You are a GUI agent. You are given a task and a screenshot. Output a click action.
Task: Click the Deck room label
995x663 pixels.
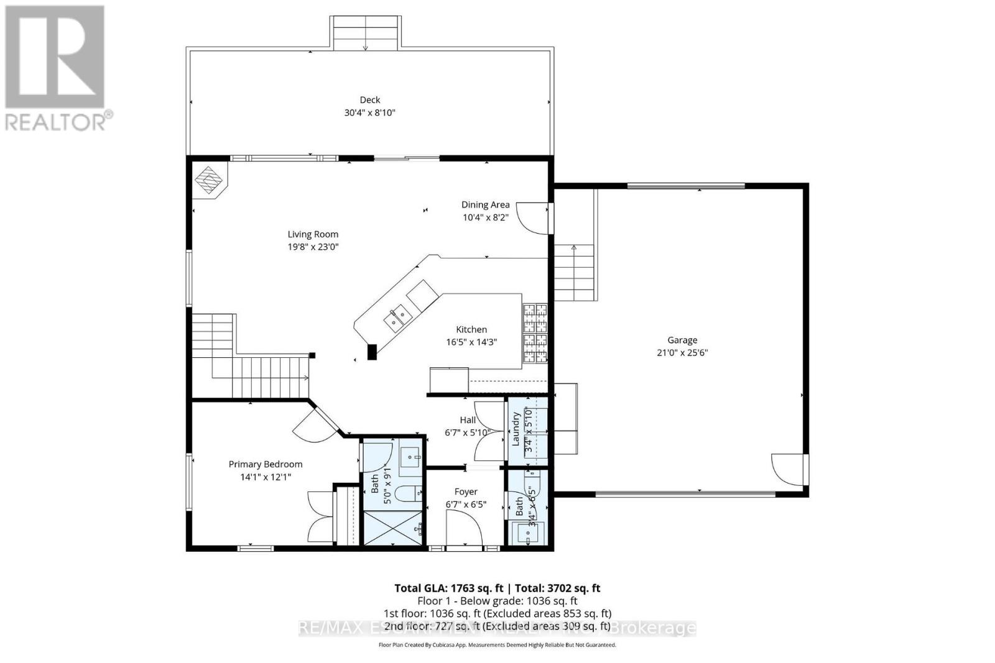(x=369, y=99)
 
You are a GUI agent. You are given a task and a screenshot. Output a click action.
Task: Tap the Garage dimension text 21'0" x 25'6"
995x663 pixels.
(x=682, y=352)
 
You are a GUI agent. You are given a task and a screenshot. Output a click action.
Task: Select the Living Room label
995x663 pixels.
(x=313, y=234)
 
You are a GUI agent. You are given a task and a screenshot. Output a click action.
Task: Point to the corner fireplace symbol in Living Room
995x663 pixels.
(x=210, y=180)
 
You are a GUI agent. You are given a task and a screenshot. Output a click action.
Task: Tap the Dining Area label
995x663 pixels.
(x=485, y=204)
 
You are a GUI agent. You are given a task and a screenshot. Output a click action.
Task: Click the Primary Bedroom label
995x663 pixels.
(x=266, y=464)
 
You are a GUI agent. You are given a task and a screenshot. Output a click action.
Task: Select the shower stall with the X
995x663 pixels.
(x=392, y=528)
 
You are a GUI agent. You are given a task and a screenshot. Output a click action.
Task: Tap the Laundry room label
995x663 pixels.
(x=516, y=429)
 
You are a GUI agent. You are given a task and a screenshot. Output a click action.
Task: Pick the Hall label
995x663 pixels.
(x=468, y=420)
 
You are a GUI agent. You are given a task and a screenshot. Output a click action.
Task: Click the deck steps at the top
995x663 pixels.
(x=365, y=32)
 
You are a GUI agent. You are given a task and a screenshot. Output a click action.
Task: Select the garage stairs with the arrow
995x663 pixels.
(x=573, y=272)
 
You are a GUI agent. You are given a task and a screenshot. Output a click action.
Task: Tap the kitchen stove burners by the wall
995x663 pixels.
(x=535, y=332)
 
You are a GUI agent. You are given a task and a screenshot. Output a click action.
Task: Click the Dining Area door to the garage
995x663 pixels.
(x=532, y=217)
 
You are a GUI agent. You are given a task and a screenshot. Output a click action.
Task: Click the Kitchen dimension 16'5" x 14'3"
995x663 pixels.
(x=471, y=342)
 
